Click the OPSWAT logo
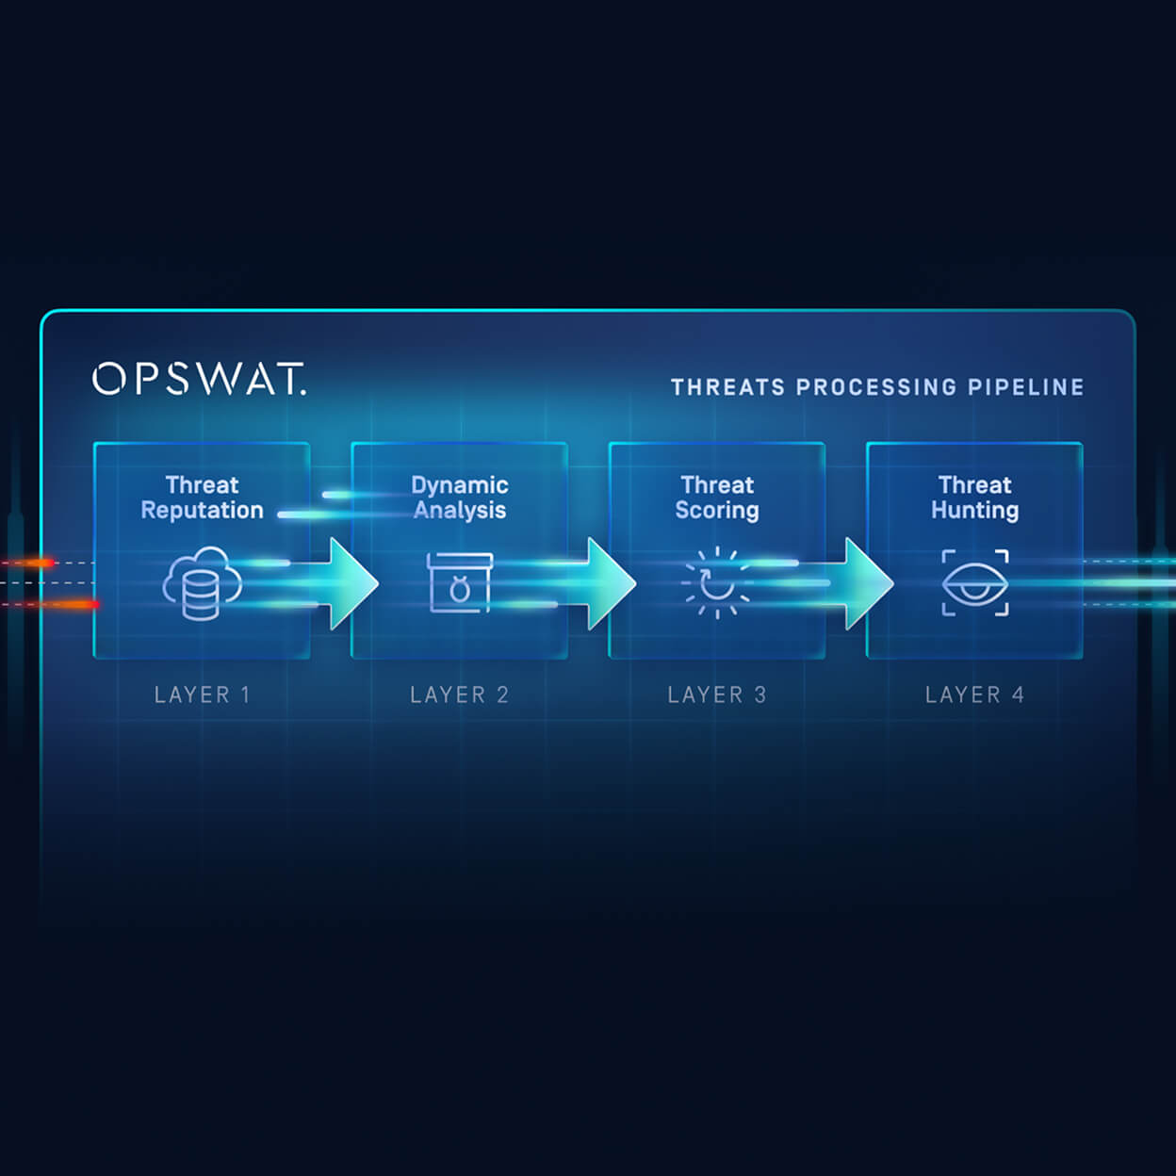pyautogui.click(x=199, y=379)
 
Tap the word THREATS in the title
pyautogui.click(x=727, y=387)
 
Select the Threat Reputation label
pyautogui.click(x=202, y=498)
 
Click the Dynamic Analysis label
pyautogui.click(x=460, y=498)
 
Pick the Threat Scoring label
pyautogui.click(x=717, y=498)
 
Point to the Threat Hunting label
pyautogui.click(x=974, y=498)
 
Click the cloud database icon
pyautogui.click(x=202, y=583)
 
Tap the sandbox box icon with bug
pyautogui.click(x=460, y=583)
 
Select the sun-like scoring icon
pyautogui.click(x=717, y=583)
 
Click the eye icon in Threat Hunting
pyautogui.click(x=975, y=583)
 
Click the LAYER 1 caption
pyautogui.click(x=202, y=695)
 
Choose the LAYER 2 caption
pyautogui.click(x=459, y=695)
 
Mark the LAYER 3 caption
pyautogui.click(x=717, y=695)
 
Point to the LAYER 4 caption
pyautogui.click(x=974, y=695)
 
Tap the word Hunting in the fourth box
pyautogui.click(x=974, y=511)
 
